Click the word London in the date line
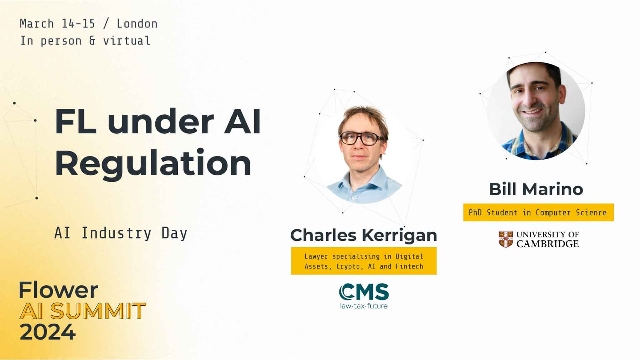pos(137,24)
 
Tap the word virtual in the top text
pos(127,41)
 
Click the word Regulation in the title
pos(153,163)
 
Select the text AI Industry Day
pos(121,233)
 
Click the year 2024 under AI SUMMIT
pos(47,332)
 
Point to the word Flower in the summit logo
pos(58,290)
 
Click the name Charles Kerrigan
pos(363,235)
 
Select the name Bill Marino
pos(536,189)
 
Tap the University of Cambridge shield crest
pos(506,239)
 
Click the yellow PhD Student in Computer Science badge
pos(538,213)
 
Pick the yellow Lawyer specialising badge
pos(364,261)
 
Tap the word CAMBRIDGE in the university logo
pos(547,244)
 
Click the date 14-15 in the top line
pos(78,24)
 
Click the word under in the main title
pos(160,121)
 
